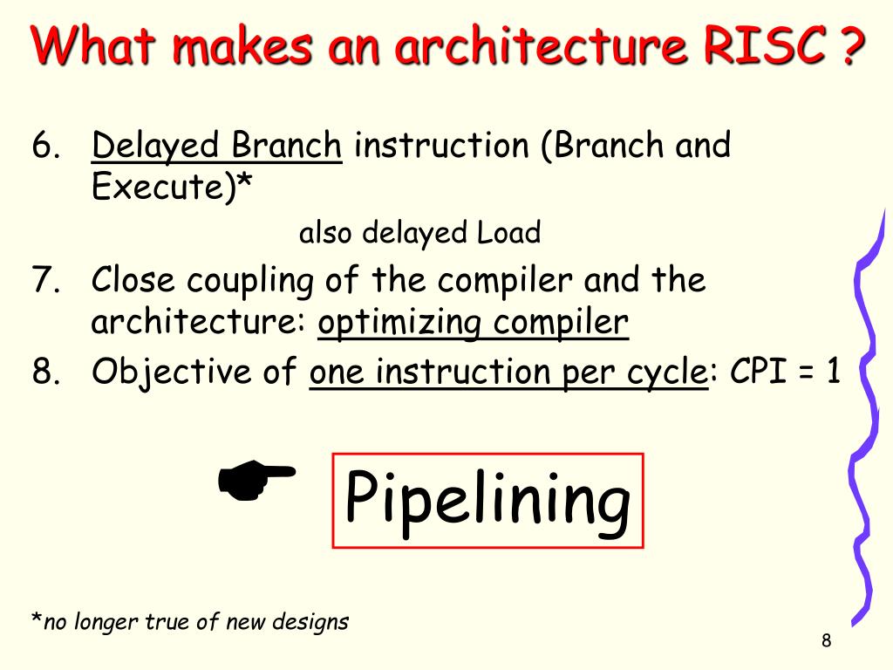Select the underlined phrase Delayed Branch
pyautogui.click(x=217, y=146)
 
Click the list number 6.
pyautogui.click(x=45, y=147)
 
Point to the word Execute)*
pyautogui.click(x=167, y=187)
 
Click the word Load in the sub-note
pyautogui.click(x=508, y=233)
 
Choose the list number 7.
pyautogui.click(x=45, y=281)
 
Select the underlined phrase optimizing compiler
pyautogui.click(x=473, y=324)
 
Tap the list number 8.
pyautogui.click(x=45, y=373)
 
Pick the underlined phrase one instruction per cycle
pyautogui.click(x=508, y=373)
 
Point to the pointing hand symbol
pyautogui.click(x=256, y=481)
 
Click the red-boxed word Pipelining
pyautogui.click(x=487, y=500)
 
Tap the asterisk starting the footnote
pyautogui.click(x=37, y=621)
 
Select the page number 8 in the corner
pyautogui.click(x=826, y=641)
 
